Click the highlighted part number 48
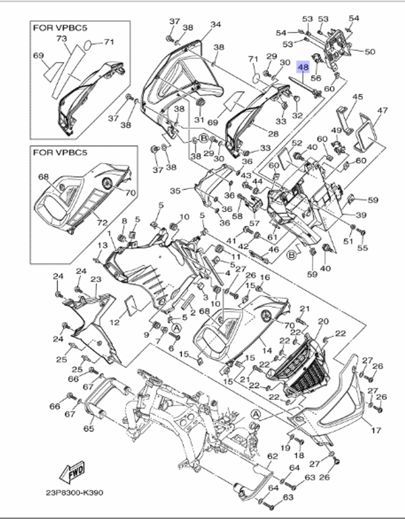click(303, 66)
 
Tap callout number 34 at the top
click(216, 24)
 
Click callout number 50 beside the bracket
click(370, 51)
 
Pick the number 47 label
click(382, 110)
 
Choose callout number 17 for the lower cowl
click(376, 430)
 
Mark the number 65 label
click(89, 428)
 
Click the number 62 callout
click(273, 456)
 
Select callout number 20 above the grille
click(323, 321)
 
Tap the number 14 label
click(267, 350)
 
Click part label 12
click(115, 322)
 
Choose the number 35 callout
click(175, 190)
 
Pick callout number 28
click(273, 133)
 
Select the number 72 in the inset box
click(102, 222)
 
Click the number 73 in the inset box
click(62, 38)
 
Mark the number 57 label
click(254, 223)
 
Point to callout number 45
click(357, 97)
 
